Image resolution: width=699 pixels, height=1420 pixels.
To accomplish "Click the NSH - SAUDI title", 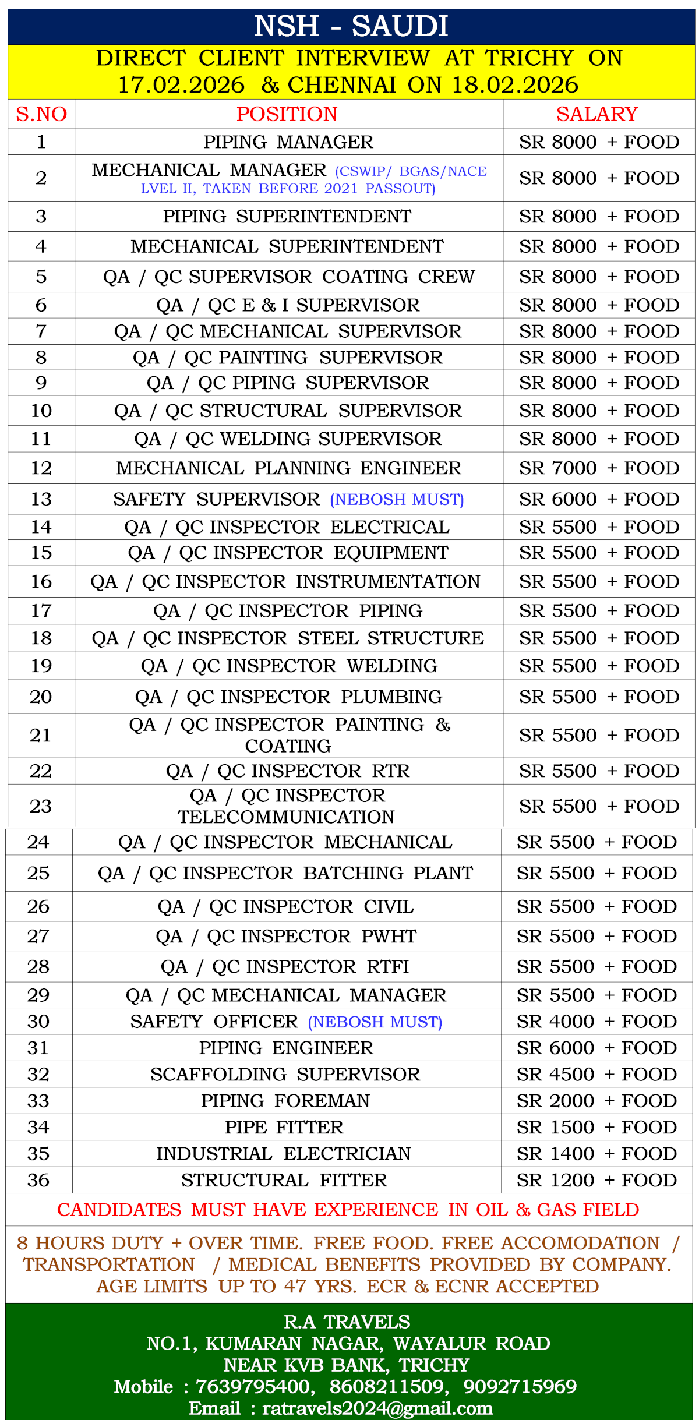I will pos(351,26).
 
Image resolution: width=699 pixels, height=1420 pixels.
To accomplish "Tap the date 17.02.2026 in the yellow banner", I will pos(181,85).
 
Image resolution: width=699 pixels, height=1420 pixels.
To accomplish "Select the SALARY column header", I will pos(597,114).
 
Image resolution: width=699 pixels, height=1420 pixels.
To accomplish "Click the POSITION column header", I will pos(287,114).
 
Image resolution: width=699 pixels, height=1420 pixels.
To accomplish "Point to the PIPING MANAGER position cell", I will pos(288,142).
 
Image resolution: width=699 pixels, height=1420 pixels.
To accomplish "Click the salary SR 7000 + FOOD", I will pos(599,468).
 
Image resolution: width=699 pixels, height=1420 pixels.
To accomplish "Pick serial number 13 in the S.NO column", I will pos(41,500).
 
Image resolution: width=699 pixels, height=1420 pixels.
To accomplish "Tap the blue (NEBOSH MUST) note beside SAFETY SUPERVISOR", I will pos(397,500).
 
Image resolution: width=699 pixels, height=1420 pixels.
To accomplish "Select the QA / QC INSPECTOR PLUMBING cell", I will pos(288,697).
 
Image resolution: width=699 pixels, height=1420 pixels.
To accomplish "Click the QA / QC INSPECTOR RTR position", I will pos(288,771).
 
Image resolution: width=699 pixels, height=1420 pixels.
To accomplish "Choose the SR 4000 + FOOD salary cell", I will pos(596,1022).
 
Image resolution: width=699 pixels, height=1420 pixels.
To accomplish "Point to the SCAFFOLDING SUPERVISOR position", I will pos(285,1075).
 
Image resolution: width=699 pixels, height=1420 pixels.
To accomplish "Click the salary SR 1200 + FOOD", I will pos(596,1181).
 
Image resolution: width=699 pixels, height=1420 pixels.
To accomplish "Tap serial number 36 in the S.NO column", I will pos(38,1181).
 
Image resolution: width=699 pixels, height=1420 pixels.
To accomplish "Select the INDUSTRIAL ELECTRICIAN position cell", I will pos(284,1154).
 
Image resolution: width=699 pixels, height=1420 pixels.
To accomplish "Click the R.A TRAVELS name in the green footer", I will pos(347,1322).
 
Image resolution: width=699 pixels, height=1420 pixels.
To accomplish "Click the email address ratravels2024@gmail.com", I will pos(377,1408).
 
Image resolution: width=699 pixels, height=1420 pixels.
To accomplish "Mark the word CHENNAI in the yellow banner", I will pos(342,85).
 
